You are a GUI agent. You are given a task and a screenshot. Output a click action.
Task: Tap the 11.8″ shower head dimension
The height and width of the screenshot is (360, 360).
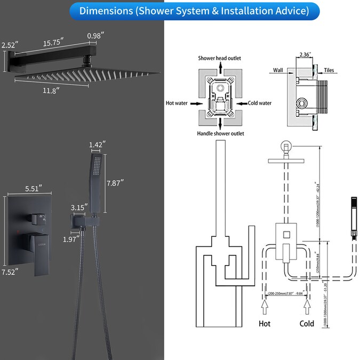coord(51,90)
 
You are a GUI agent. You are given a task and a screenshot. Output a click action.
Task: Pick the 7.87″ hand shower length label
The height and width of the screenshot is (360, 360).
coord(115,182)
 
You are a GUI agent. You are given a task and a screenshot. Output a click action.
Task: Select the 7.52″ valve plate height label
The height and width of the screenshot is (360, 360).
coord(9,271)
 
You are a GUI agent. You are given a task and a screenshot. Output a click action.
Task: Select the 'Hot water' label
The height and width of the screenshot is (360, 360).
coord(177,103)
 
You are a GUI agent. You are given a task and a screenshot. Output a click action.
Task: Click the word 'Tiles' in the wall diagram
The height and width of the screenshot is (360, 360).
coord(330,70)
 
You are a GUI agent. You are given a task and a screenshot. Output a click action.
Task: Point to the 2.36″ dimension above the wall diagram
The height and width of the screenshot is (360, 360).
coord(305,54)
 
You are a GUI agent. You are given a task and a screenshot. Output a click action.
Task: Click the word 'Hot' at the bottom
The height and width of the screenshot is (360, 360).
coord(264,323)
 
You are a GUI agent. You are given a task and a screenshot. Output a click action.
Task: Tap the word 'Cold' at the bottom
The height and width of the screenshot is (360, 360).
coord(307,323)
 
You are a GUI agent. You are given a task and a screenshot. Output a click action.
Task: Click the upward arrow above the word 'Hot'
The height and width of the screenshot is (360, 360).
coord(264,308)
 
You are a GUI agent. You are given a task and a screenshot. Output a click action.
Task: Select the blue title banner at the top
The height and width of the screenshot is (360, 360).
coord(180,11)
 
